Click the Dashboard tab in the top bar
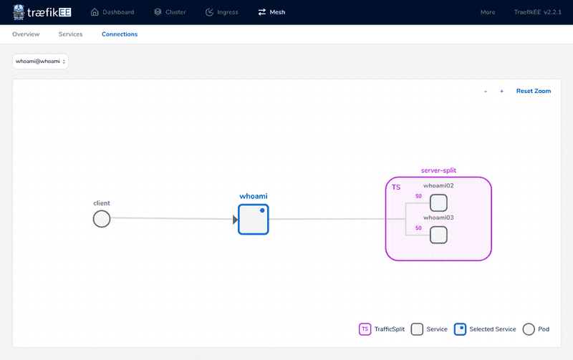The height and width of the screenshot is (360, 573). point(112,12)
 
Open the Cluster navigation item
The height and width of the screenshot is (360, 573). point(170,12)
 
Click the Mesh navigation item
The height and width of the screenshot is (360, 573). point(271,12)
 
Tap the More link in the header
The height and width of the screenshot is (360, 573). point(488,12)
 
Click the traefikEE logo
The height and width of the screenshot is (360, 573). point(42,12)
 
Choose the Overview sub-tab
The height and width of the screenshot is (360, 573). point(26,34)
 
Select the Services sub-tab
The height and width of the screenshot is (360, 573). point(70,34)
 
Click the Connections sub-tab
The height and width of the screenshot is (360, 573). point(120,34)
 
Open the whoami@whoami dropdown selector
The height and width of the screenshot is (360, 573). point(40,62)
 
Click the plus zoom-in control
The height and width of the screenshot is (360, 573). point(501,92)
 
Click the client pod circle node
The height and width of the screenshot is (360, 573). point(102,219)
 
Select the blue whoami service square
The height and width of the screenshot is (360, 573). point(253,220)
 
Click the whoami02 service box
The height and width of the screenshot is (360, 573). point(438,203)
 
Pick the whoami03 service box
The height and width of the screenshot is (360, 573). point(438,235)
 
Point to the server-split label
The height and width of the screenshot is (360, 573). point(438,170)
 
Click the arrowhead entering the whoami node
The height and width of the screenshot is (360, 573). point(236,220)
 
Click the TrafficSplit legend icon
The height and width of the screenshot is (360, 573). point(365,329)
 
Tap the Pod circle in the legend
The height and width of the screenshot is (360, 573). point(529,329)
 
